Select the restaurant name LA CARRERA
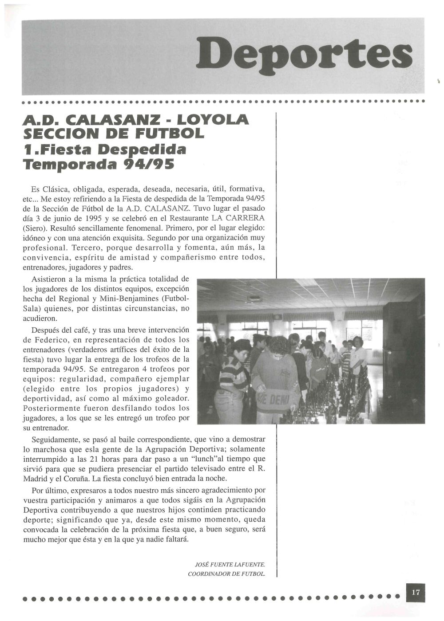(x=238, y=218)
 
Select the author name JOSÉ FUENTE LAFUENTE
(x=230, y=565)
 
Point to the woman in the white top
(x=357, y=355)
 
